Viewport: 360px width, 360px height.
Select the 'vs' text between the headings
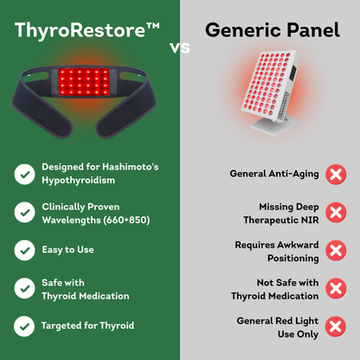[x=180, y=48]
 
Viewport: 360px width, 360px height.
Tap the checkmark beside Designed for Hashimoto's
[x=24, y=174]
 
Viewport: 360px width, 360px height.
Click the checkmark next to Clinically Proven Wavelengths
[x=24, y=213]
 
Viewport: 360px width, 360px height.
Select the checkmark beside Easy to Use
[x=24, y=249]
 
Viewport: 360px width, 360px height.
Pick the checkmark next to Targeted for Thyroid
[x=24, y=326]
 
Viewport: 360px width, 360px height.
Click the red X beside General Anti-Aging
[x=335, y=175]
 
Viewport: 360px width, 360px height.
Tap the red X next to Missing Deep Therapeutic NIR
[x=335, y=213]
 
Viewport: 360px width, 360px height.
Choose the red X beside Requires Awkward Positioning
[x=335, y=251]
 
